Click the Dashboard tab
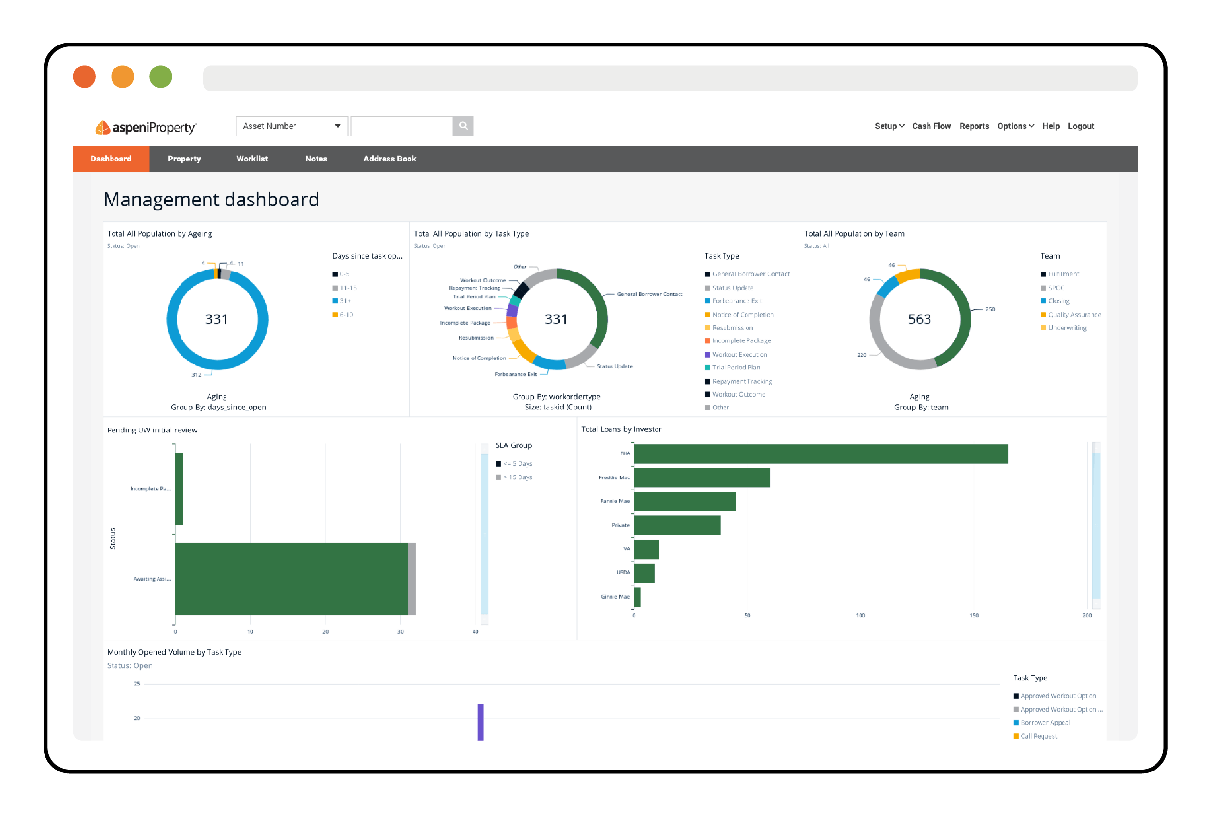pyautogui.click(x=111, y=159)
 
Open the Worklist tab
pyautogui.click(x=252, y=159)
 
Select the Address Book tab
pyautogui.click(x=389, y=159)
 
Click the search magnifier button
pyautogui.click(x=463, y=126)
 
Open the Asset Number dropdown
pyautogui.click(x=292, y=126)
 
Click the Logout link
pyautogui.click(x=1081, y=126)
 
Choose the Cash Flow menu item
pyautogui.click(x=930, y=126)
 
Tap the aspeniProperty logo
pyautogui.click(x=146, y=127)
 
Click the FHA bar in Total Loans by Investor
pyautogui.click(x=820, y=454)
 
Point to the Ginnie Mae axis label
pyautogui.click(x=614, y=597)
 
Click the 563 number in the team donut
pyautogui.click(x=919, y=319)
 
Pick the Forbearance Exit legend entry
pyautogui.click(x=736, y=301)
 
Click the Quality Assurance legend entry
pyautogui.click(x=1074, y=315)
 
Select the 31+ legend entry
pyautogui.click(x=345, y=301)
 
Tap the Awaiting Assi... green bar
pyautogui.click(x=292, y=579)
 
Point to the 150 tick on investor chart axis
pyautogui.click(x=973, y=615)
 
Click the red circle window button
pyautogui.click(x=84, y=76)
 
